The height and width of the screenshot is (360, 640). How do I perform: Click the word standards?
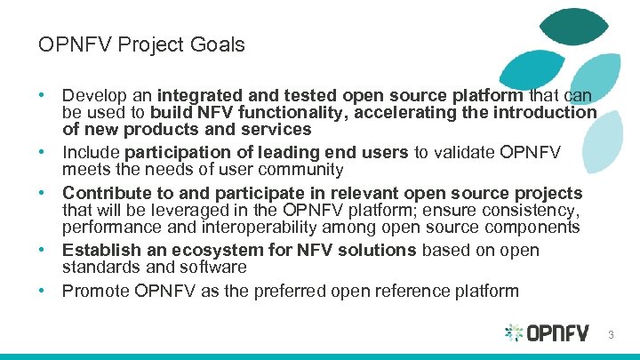tap(99, 267)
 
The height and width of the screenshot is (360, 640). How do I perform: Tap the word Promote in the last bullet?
tap(94, 291)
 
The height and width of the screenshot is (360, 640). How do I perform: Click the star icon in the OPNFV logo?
tap(514, 333)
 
